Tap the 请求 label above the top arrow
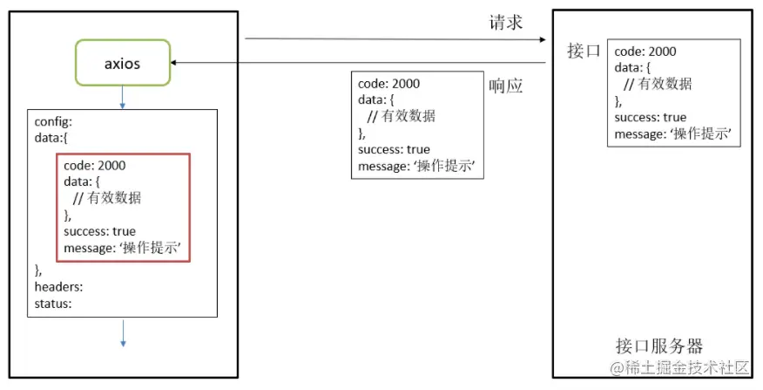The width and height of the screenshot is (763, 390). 505,24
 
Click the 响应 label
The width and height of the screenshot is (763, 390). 505,86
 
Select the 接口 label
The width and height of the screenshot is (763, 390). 584,51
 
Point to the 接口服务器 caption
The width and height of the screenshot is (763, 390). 658,346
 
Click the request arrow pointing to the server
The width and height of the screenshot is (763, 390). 392,39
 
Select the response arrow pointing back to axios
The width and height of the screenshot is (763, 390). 357,63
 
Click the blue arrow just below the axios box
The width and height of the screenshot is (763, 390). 122,97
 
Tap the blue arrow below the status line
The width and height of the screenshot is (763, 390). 123,332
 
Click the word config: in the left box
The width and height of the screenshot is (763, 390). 53,122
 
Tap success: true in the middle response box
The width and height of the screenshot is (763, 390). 394,150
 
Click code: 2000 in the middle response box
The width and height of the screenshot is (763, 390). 388,84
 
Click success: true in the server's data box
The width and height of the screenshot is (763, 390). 650,118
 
